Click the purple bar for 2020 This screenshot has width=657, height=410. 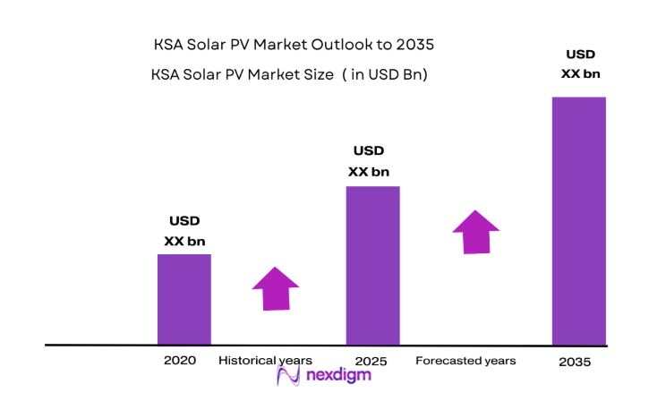tap(184, 299)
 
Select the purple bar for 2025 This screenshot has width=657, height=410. tap(372, 265)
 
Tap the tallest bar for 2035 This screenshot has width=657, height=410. tap(579, 220)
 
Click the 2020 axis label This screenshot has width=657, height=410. tap(180, 361)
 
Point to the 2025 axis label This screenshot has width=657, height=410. tap(369, 361)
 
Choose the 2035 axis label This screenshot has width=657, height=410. tap(574, 363)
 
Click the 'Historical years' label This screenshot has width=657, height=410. tap(265, 361)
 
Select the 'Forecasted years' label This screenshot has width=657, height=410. tap(465, 361)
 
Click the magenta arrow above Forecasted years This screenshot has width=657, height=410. tap(475, 232)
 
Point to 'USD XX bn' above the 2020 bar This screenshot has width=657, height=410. tap(184, 231)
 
